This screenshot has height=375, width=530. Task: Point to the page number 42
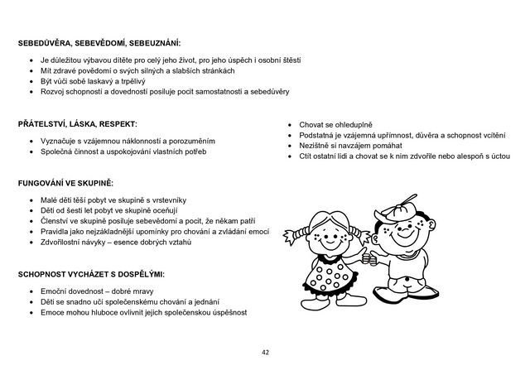coord(265,352)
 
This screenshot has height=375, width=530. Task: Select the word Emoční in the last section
coord(55,292)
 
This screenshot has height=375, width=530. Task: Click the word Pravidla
coord(56,233)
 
